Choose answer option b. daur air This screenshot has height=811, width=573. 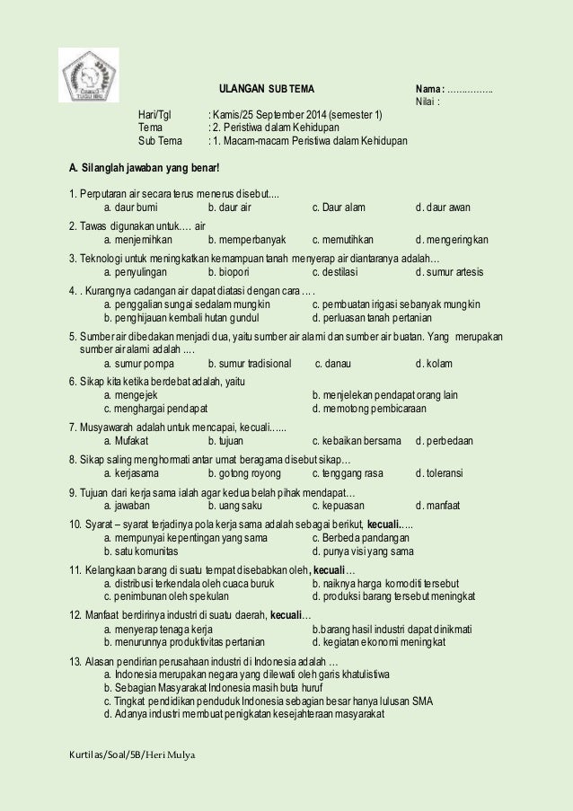[x=230, y=207]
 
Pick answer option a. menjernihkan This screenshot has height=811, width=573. [x=140, y=240]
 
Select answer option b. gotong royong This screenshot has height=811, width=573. [x=243, y=472]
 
